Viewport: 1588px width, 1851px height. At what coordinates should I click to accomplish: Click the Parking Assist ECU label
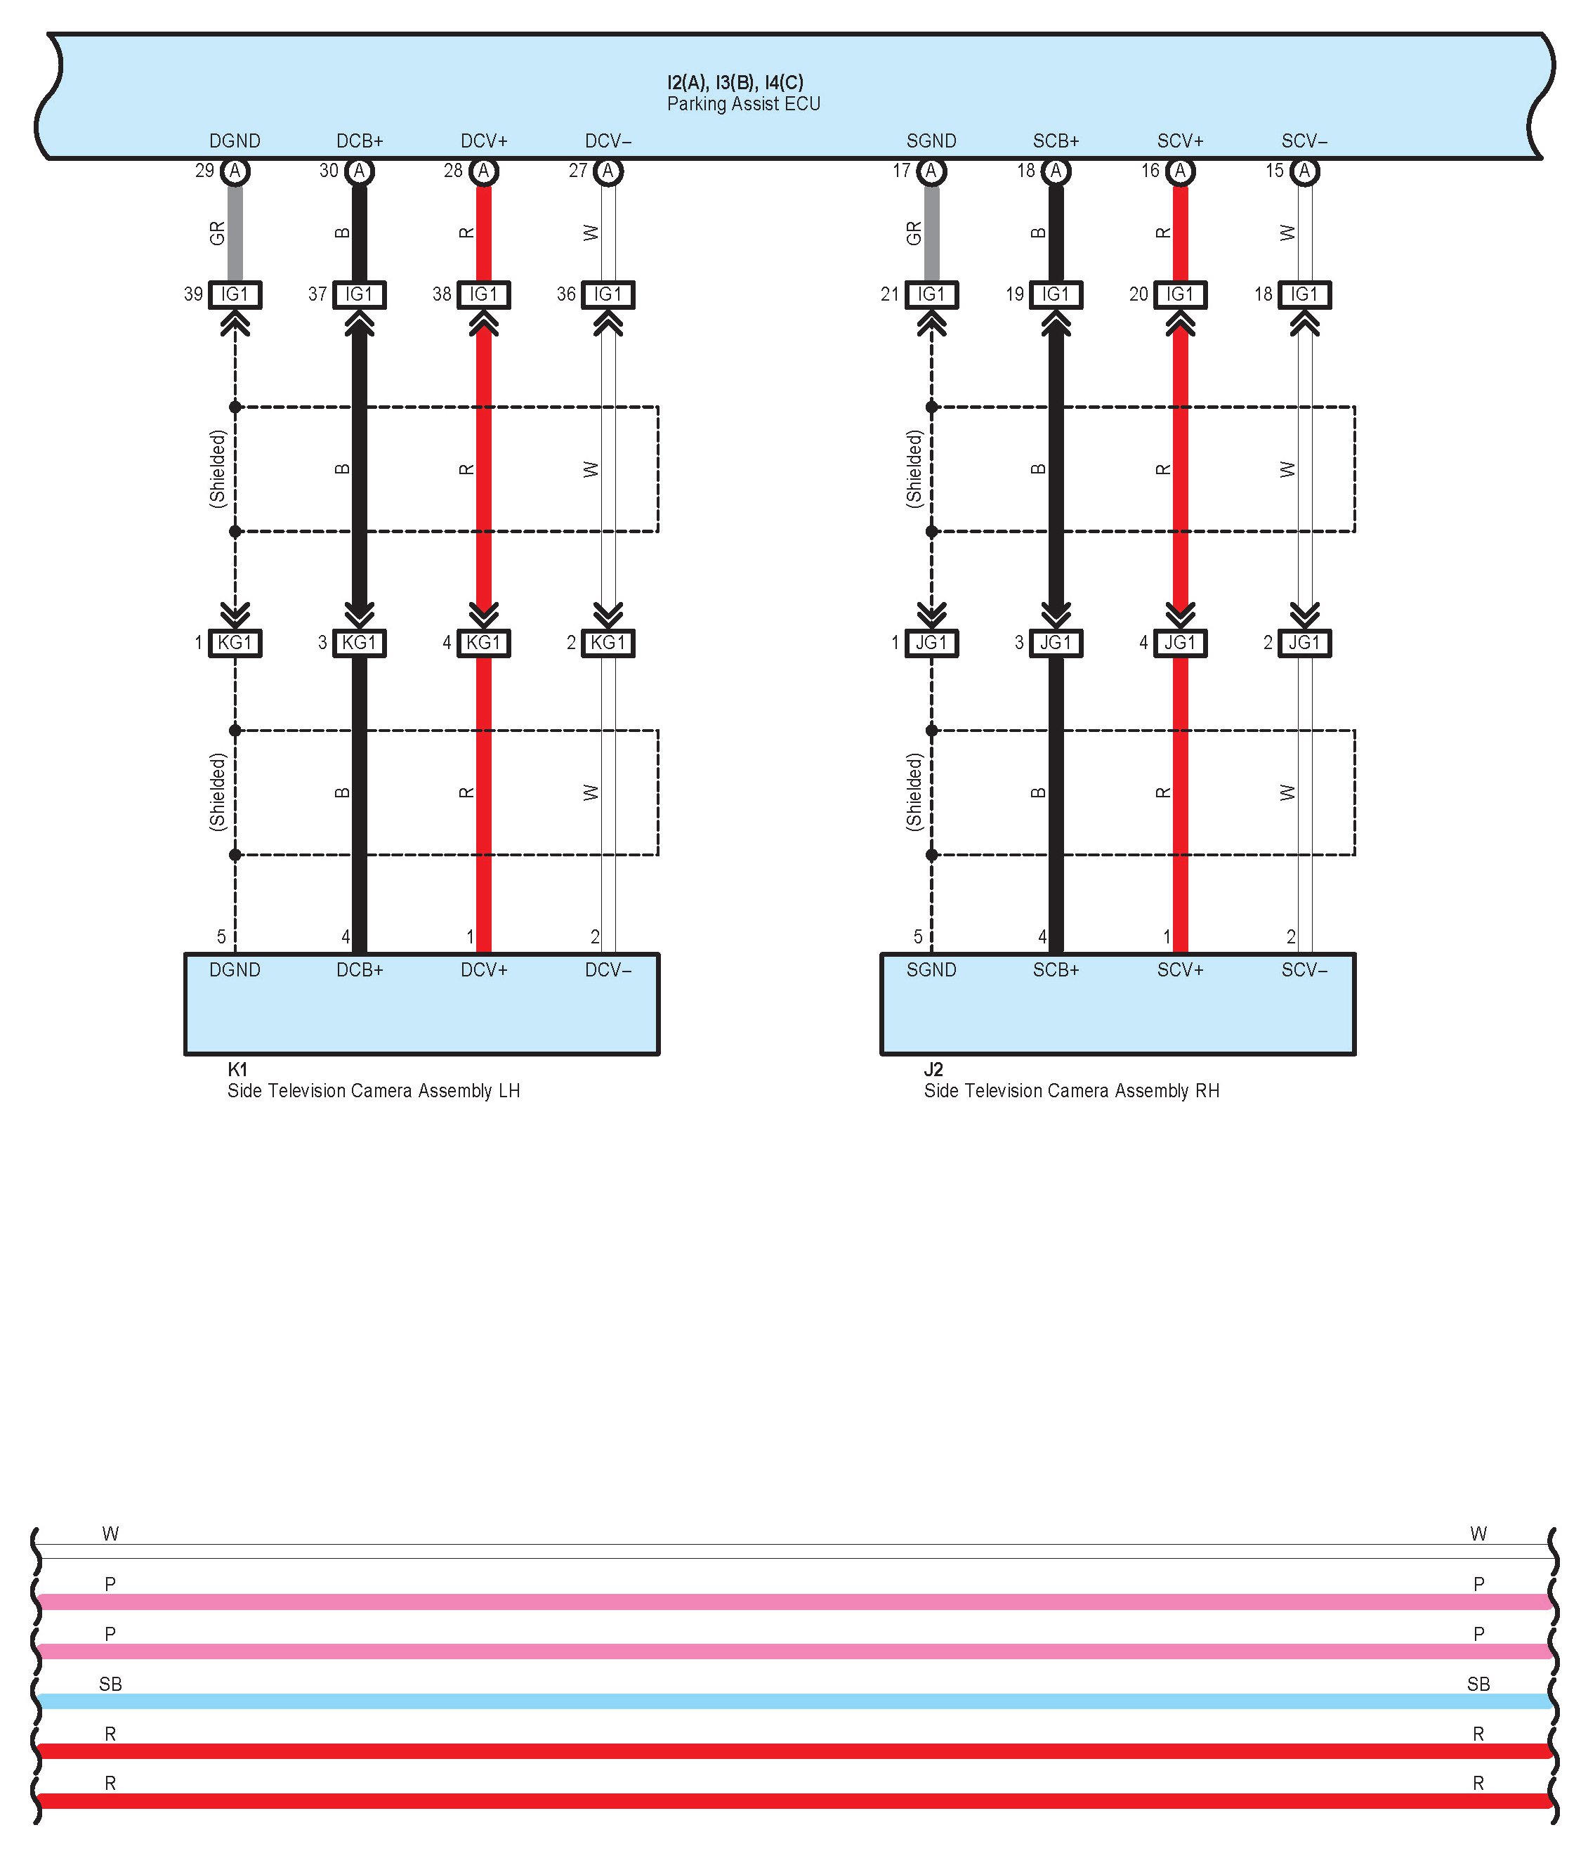[743, 104]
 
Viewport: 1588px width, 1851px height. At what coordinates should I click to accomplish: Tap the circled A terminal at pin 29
[235, 171]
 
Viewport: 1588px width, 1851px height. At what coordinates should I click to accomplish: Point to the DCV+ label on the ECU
[484, 141]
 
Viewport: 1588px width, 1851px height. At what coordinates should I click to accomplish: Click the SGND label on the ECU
[931, 141]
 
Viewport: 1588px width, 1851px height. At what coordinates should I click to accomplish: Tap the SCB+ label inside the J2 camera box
[1056, 970]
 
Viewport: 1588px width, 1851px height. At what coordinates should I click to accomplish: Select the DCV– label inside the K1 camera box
[608, 970]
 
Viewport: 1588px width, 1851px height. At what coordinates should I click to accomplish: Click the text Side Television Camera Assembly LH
[374, 1091]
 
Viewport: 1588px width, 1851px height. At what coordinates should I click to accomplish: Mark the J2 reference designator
[933, 1069]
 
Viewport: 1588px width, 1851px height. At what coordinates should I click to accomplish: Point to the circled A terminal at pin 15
[1305, 171]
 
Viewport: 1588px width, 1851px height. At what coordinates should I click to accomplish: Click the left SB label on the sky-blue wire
[110, 1684]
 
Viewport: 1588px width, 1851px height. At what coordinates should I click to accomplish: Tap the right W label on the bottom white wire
[1478, 1534]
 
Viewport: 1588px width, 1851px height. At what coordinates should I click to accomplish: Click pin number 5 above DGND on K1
[221, 937]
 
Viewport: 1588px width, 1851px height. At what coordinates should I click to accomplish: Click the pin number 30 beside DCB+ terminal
[329, 171]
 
